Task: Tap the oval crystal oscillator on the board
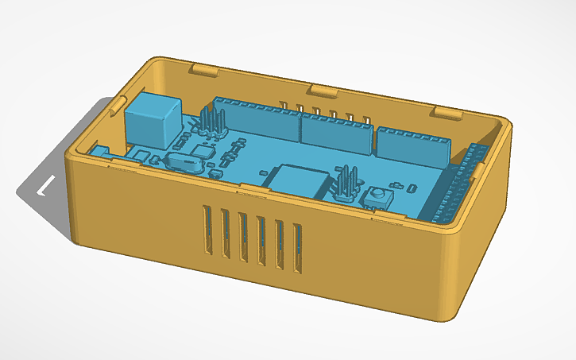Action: coord(182,163)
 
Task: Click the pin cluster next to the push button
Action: coord(346,185)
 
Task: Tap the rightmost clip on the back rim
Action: coord(446,111)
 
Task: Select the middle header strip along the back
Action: coord(335,132)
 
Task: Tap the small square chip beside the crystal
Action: coord(204,152)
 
